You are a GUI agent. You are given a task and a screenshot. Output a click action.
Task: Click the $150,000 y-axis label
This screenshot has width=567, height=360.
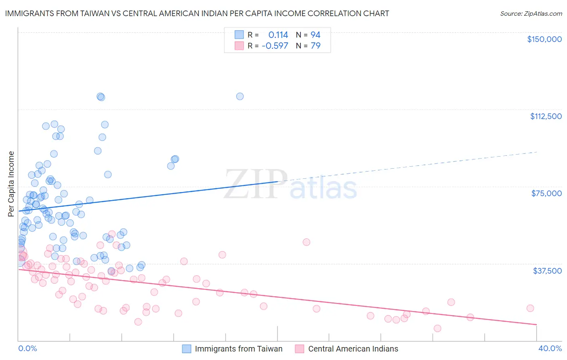pos(544,39)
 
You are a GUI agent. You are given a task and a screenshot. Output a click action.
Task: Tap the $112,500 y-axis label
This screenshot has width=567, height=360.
pos(546,116)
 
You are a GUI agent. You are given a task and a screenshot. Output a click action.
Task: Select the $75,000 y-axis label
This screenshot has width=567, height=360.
pos(546,193)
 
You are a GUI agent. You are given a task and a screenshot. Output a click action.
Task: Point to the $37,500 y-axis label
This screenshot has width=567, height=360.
pos(547,271)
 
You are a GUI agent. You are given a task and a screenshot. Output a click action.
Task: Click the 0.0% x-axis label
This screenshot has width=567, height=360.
pos(27,348)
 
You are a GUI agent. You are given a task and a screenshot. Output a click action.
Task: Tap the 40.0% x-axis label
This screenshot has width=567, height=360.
pos(550,348)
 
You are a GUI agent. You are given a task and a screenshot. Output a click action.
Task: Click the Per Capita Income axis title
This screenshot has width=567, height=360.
pos(11,184)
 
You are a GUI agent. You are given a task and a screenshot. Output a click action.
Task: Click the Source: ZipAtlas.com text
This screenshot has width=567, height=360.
pos(531,14)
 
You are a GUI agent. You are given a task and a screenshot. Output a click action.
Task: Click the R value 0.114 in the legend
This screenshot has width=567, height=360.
pos(278,35)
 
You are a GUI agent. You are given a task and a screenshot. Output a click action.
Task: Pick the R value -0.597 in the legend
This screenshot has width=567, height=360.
pos(275,46)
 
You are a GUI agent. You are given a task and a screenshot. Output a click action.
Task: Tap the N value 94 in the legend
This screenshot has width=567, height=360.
pos(315,35)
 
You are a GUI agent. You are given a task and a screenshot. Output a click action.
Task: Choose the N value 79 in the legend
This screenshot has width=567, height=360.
pos(315,46)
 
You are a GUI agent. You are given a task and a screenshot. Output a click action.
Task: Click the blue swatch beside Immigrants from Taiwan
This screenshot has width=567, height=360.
pos(186,349)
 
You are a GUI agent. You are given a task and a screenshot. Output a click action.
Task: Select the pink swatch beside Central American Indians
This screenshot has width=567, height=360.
pos(299,349)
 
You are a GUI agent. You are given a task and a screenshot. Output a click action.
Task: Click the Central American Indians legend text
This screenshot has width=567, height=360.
pos(353,349)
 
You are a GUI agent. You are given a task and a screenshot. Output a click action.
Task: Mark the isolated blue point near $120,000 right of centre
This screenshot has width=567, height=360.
pos(240,96)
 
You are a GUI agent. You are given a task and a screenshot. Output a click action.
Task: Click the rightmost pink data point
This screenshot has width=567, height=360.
pos(530,308)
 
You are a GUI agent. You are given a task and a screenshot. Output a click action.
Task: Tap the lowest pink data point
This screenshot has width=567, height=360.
pos(438,329)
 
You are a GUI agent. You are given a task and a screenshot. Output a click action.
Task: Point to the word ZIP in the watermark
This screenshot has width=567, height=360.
pos(255,184)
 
